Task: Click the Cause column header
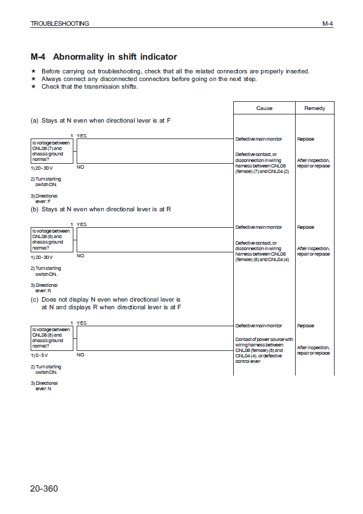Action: [x=264, y=108]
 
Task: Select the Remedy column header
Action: [x=314, y=108]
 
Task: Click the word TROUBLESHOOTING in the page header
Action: [x=60, y=24]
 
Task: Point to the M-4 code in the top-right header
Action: [x=327, y=24]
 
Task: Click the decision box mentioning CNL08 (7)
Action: [x=51, y=151]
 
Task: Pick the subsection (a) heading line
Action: [x=100, y=120]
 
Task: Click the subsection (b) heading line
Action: [x=101, y=209]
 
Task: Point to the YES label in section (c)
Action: [x=82, y=323]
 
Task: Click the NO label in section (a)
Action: [x=80, y=166]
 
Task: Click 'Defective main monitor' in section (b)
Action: [x=258, y=227]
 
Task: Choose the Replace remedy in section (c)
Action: [x=306, y=326]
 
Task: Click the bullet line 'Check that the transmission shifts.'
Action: [x=90, y=86]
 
